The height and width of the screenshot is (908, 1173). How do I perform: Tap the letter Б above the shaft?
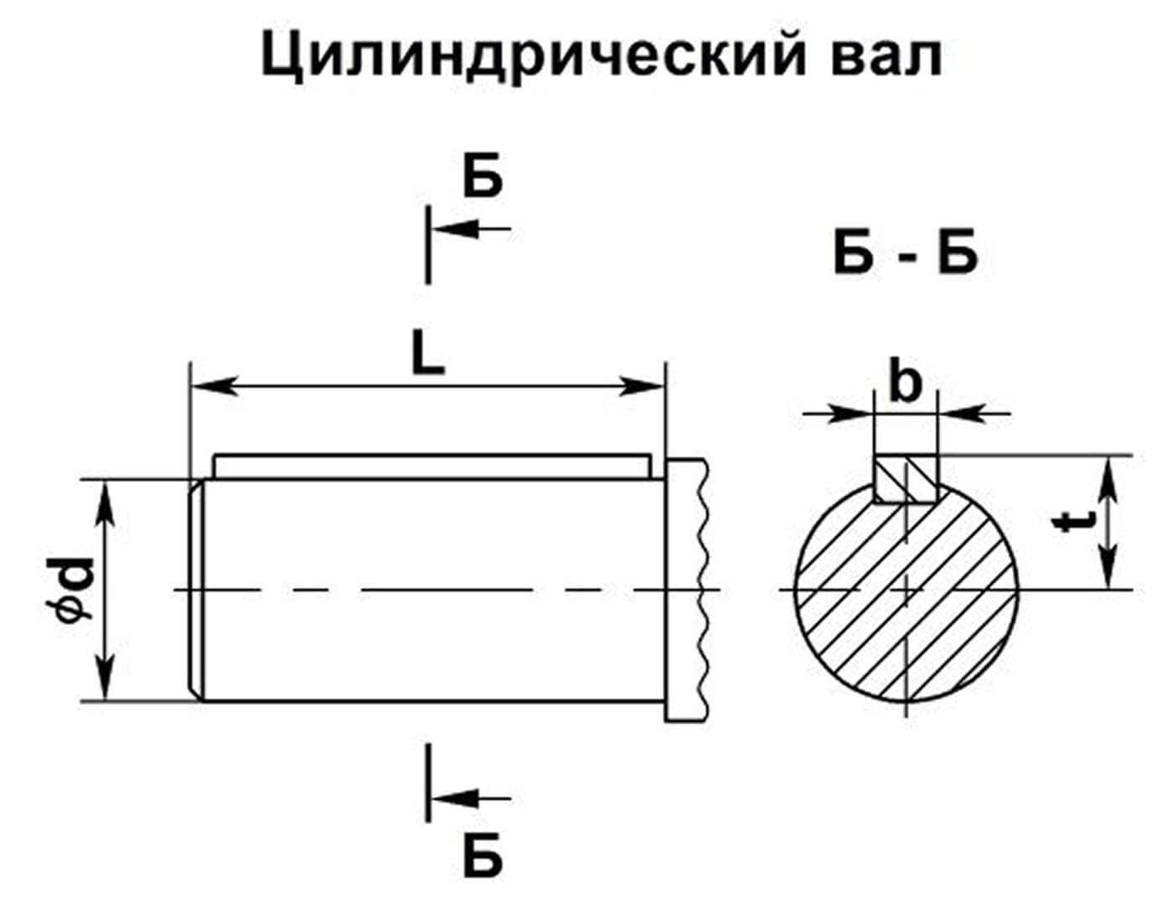tap(483, 177)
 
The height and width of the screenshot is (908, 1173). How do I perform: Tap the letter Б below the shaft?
tap(483, 855)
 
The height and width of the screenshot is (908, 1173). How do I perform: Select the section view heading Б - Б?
tap(906, 255)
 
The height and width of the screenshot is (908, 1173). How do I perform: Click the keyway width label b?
tap(904, 384)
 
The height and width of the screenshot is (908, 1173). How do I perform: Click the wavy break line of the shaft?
tap(702, 591)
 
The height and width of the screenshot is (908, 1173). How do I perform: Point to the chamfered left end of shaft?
tap(195, 591)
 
